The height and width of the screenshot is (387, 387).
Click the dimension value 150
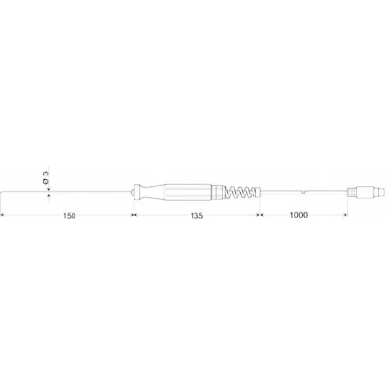point(70,216)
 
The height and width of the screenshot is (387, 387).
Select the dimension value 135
point(196,216)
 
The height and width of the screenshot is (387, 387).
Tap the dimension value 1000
point(299,215)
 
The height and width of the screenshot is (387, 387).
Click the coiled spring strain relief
point(242,193)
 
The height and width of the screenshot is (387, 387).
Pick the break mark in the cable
point(302,193)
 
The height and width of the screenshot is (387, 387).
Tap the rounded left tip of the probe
point(2,193)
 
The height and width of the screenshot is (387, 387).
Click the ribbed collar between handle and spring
point(218,193)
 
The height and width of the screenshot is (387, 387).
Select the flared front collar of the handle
point(137,193)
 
